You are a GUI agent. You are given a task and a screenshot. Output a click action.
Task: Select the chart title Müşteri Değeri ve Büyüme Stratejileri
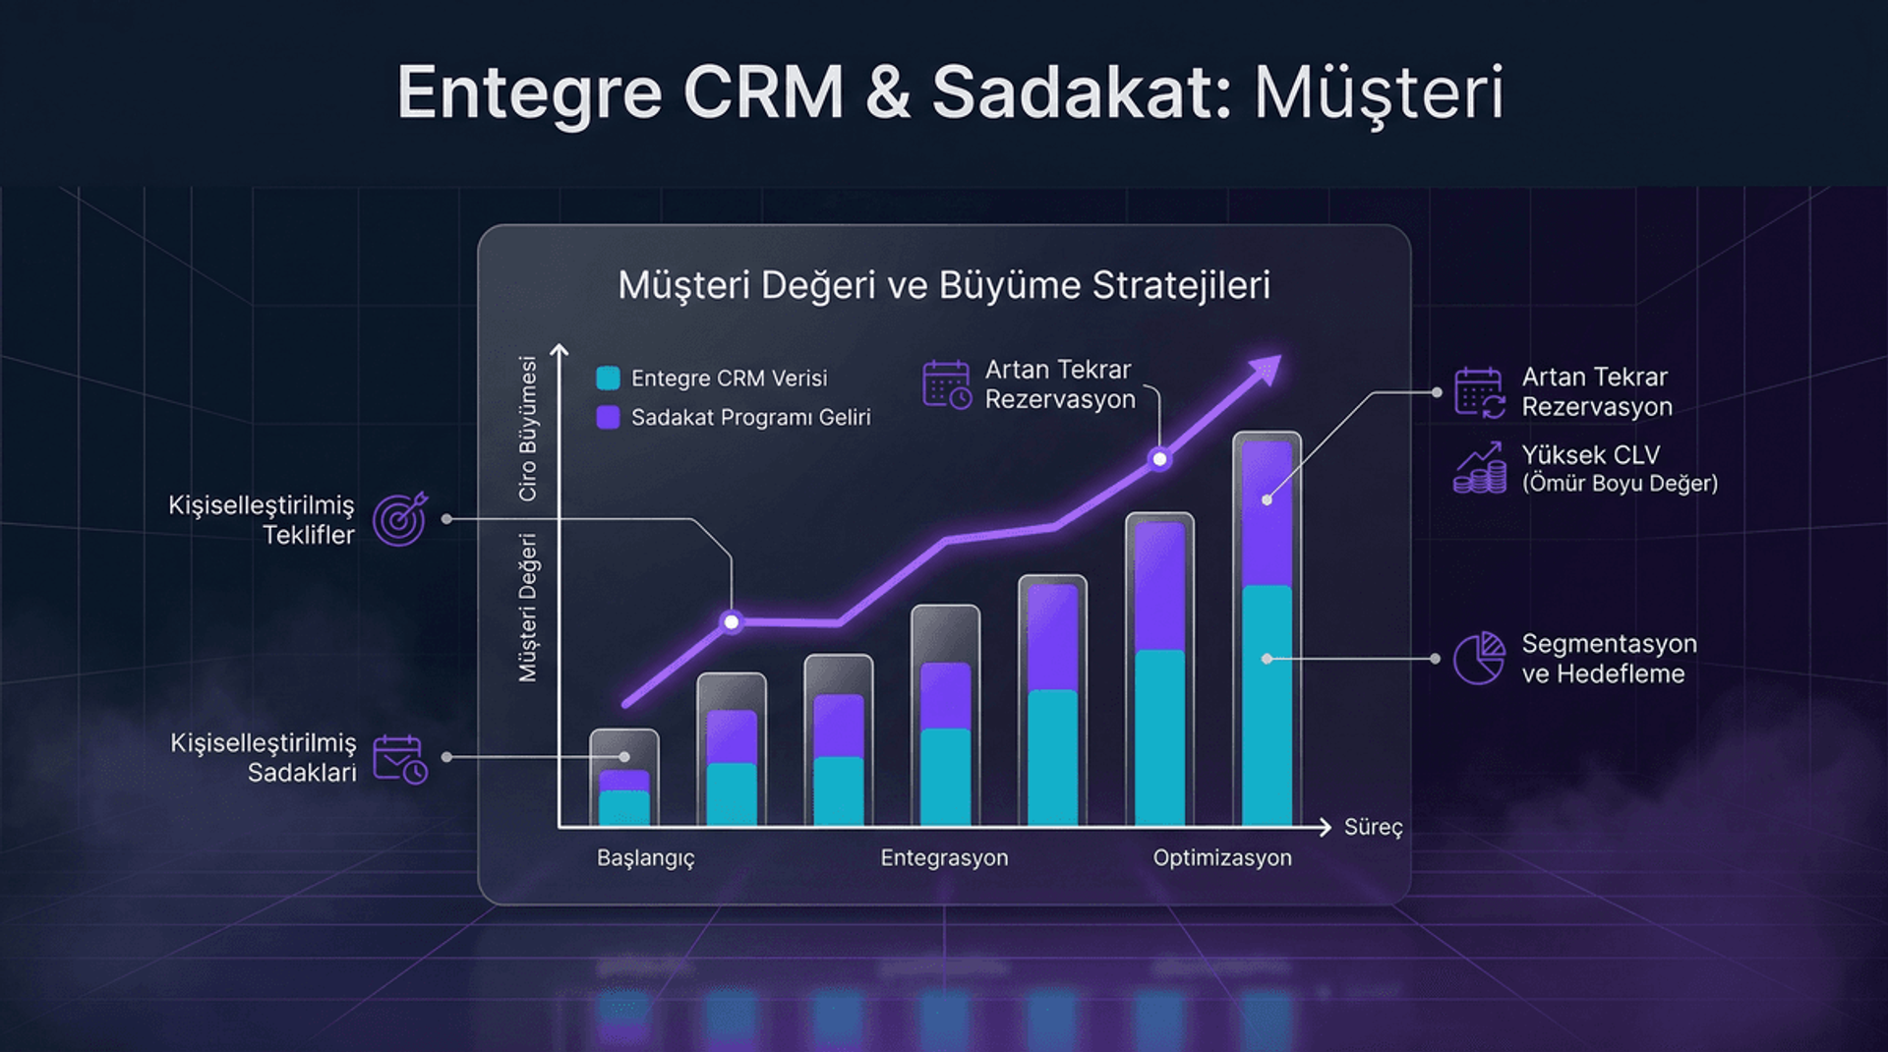944,285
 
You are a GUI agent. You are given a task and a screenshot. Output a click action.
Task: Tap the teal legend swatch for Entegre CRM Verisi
608,379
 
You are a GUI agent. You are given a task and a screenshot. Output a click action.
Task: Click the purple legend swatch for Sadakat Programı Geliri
608,418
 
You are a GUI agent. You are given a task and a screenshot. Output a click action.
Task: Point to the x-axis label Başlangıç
645,858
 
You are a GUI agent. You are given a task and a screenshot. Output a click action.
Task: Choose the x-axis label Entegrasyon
944,858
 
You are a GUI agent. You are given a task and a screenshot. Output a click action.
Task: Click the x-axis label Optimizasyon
1222,858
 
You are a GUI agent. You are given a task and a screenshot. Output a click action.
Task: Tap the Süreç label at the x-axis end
1373,828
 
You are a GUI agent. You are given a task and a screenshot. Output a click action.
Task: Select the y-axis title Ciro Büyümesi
528,429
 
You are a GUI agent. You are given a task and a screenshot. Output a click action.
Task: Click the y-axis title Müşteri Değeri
528,608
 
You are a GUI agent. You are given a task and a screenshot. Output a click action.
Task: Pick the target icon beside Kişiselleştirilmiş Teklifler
399,519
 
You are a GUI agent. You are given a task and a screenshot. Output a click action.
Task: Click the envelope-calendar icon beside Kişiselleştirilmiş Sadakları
399,759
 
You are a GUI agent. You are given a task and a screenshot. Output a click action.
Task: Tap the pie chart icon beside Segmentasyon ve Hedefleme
1479,658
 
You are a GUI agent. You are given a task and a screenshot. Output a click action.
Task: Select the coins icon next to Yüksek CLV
1479,468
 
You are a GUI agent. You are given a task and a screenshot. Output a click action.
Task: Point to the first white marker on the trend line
732,621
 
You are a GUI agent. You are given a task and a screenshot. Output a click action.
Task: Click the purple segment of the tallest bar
1267,513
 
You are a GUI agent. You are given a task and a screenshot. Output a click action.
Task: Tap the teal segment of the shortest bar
624,808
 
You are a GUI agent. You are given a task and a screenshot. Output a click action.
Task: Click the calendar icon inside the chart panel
946,384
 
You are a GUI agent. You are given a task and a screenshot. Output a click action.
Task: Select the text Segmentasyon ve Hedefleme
1609,659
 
